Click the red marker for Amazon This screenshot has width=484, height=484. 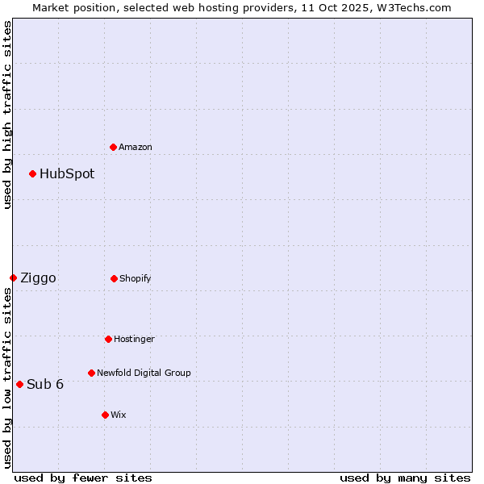point(113,147)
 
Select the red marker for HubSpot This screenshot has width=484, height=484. point(32,173)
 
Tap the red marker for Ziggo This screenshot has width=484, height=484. point(13,277)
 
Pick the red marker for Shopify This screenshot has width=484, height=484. point(114,278)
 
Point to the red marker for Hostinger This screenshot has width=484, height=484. point(108,339)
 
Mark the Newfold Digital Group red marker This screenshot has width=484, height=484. point(91,373)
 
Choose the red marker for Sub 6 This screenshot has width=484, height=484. point(19,384)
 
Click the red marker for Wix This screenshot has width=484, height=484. point(105,415)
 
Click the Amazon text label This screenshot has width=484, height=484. point(136,147)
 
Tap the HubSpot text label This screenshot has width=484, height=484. point(67,173)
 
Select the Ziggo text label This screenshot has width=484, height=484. point(38,277)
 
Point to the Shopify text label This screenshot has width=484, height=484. point(136,278)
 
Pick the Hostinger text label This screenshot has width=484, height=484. point(134,339)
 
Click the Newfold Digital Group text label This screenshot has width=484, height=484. point(144,373)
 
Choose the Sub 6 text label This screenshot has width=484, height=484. point(45,384)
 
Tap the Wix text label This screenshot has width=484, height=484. point(119,415)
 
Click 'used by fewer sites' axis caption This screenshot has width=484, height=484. point(83,478)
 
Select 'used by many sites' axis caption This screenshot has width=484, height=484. point(405,478)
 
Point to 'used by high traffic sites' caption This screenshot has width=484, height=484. point(7,115)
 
